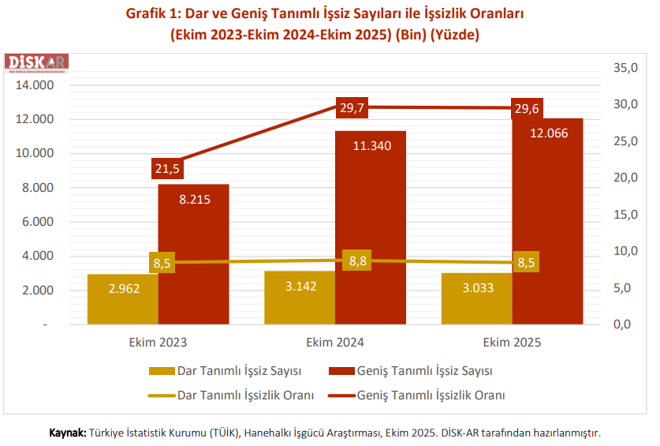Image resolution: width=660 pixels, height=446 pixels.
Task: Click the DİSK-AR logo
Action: point(38,63)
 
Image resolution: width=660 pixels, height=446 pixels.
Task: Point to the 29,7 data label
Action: point(352,108)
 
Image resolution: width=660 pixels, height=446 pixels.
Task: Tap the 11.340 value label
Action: point(371,146)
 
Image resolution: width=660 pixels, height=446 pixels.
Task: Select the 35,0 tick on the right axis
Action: point(625,68)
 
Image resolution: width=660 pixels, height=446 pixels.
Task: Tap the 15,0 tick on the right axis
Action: point(625,215)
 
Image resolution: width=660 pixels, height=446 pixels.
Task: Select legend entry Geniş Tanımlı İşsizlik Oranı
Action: point(431,394)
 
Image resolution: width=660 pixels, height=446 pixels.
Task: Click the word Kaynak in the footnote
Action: point(67,433)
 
